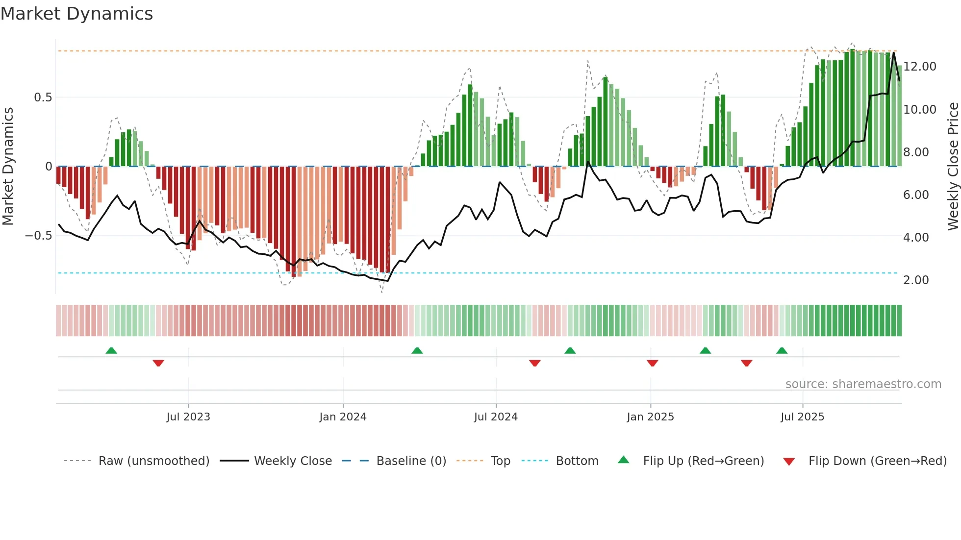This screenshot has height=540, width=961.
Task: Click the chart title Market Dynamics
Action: [76, 14]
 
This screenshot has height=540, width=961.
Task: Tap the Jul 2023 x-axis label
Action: [188, 417]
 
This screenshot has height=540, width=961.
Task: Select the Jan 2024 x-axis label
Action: [343, 417]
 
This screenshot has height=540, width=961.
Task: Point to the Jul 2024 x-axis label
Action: [496, 417]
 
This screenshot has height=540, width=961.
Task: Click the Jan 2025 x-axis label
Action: [650, 417]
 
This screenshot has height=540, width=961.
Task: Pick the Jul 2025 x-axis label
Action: [802, 417]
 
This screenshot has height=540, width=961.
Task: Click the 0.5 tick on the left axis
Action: [43, 98]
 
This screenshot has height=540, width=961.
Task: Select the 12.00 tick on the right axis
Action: [919, 67]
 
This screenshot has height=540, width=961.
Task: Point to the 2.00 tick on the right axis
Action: [915, 280]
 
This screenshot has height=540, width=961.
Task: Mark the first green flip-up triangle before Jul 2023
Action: [111, 351]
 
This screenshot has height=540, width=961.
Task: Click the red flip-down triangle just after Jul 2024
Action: [535, 363]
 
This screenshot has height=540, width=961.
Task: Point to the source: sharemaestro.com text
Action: [863, 384]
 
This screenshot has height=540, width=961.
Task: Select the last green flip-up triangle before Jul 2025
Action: [782, 351]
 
